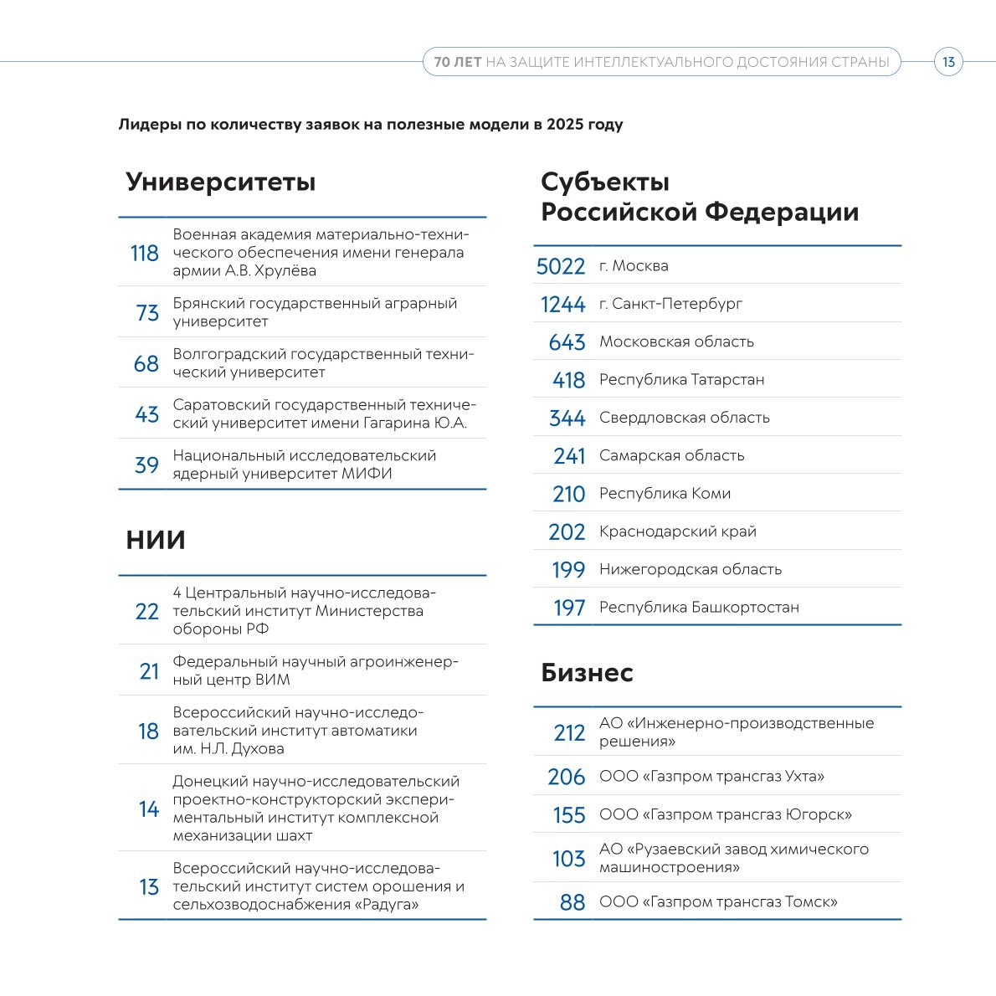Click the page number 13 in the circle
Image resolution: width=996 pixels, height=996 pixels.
948,62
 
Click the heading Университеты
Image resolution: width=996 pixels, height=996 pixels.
221,182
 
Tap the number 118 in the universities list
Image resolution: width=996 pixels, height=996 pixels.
144,253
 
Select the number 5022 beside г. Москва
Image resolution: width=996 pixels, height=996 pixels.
561,266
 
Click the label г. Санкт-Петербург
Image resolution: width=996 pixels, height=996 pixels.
670,304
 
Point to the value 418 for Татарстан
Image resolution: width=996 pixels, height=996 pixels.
568,380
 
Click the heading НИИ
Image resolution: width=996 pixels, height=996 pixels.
156,540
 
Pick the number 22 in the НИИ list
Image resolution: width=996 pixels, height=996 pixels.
146,612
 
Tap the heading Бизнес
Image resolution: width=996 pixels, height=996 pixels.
587,672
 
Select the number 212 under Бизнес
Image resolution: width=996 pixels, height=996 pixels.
569,733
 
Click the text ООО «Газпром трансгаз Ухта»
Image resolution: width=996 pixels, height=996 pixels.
711,777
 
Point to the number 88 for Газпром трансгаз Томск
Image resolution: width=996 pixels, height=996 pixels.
572,903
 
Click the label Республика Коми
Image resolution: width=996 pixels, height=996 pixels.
665,494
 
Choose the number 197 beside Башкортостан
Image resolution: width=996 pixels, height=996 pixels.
569,608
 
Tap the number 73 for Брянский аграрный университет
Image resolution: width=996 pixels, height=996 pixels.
147,313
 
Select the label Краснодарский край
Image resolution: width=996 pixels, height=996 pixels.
677,531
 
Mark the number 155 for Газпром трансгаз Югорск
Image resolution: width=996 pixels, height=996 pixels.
569,815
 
